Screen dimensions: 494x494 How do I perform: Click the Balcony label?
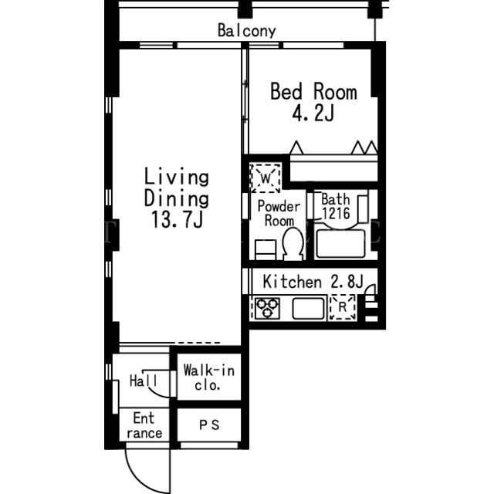(x=247, y=31)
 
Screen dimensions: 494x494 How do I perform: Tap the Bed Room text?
(x=313, y=92)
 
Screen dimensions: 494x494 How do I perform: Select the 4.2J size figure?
(x=313, y=113)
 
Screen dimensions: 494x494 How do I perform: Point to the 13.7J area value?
(x=177, y=219)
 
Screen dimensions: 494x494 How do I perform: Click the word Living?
(x=177, y=177)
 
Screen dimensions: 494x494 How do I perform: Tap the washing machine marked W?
(x=266, y=178)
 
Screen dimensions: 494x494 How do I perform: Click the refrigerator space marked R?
(x=343, y=307)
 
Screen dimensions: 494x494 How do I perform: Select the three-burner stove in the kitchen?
(x=267, y=308)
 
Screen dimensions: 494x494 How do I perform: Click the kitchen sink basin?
(x=309, y=309)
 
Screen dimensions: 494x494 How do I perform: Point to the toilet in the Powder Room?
(x=293, y=244)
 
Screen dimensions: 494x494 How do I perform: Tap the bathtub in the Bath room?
(x=340, y=244)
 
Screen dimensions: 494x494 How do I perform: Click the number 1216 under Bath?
(x=336, y=213)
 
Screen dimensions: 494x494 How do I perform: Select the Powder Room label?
(x=279, y=213)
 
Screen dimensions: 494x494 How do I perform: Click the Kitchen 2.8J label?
(x=313, y=282)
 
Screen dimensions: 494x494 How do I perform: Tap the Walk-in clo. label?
(x=209, y=377)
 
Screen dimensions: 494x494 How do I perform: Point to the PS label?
(x=209, y=425)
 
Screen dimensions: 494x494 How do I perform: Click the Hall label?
(x=144, y=381)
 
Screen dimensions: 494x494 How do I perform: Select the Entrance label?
(x=144, y=425)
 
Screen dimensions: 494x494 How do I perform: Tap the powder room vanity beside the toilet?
(x=266, y=250)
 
